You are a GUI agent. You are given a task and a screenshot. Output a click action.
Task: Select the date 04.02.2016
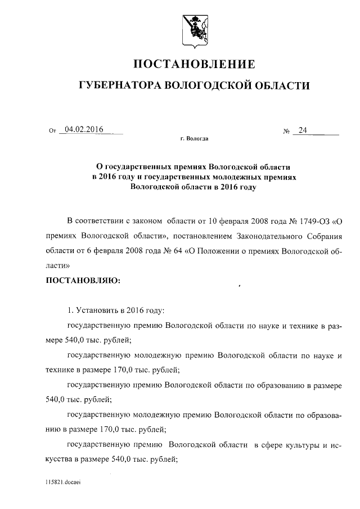coord(84,130)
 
